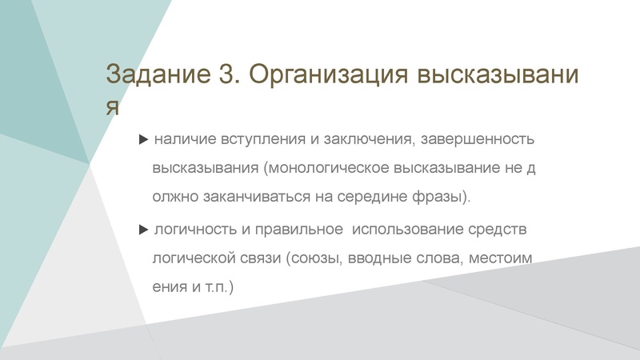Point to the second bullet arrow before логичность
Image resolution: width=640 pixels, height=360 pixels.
pyautogui.click(x=143, y=230)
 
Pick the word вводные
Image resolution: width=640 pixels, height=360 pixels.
pyautogui.click(x=382, y=258)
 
